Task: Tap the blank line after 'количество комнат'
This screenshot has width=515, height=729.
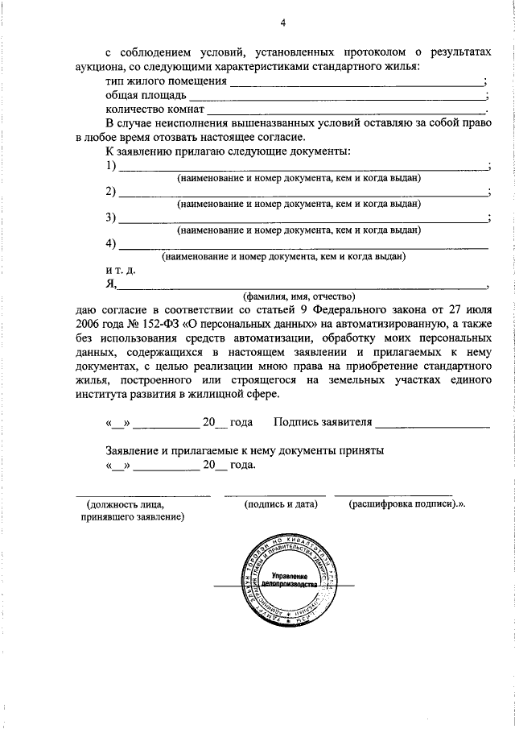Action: click(x=346, y=110)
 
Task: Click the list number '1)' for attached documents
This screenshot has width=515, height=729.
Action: click(x=111, y=166)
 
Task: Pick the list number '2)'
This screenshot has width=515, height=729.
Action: click(x=111, y=193)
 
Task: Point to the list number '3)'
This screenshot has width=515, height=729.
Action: click(x=111, y=218)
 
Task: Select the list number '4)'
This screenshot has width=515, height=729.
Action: click(x=111, y=244)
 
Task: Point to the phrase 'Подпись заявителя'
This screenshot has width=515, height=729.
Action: click(x=323, y=422)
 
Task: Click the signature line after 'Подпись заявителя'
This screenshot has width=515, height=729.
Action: click(x=432, y=424)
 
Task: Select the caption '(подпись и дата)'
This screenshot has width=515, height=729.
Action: click(x=281, y=503)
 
